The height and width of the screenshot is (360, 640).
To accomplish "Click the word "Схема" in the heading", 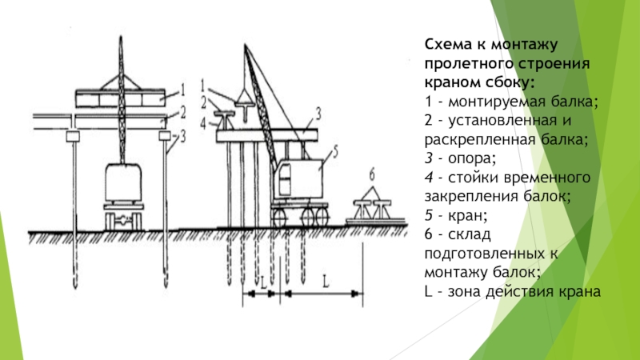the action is [x=447, y=44].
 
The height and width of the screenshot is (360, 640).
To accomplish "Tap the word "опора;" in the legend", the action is [x=472, y=158].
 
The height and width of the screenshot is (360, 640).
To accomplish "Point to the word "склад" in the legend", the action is [x=470, y=234].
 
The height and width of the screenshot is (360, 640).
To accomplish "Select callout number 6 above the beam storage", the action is [x=372, y=174].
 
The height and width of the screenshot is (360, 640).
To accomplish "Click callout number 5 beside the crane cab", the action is [x=334, y=151].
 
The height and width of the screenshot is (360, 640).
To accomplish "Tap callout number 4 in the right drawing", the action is [x=203, y=123].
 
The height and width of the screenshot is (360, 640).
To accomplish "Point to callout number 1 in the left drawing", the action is [x=183, y=90].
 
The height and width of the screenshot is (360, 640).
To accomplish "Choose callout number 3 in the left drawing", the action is [x=182, y=136].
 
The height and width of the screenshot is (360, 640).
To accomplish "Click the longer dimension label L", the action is [x=326, y=282].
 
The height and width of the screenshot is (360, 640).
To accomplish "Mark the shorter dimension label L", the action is [x=263, y=282].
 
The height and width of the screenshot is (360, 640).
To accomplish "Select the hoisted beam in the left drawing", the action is [x=121, y=98].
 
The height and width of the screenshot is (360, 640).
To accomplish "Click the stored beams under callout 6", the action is [x=373, y=209].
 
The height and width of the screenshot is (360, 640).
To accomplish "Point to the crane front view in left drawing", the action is [x=123, y=195].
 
